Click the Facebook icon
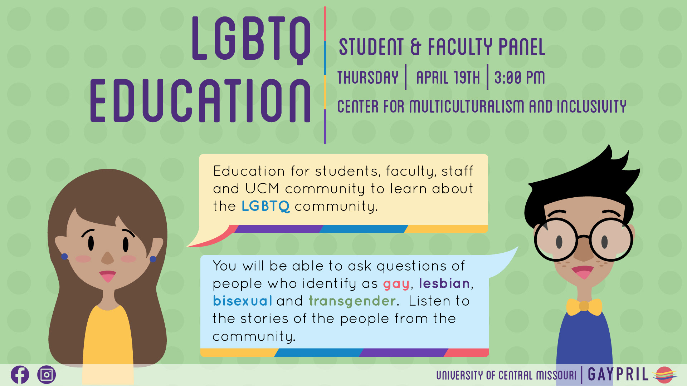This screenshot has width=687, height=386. (20, 375)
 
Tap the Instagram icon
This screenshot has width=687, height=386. (47, 375)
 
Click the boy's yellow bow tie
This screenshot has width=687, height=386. (584, 307)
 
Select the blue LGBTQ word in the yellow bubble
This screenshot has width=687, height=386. (265, 206)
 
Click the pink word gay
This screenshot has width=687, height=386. (396, 284)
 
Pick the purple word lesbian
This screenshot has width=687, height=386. (444, 283)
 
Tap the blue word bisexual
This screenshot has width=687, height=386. (243, 301)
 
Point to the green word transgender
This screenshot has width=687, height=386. (352, 301)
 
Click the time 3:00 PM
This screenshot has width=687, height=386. (520, 77)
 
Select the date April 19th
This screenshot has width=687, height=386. (448, 77)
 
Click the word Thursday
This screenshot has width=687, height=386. (368, 77)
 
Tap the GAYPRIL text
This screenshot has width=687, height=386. (618, 375)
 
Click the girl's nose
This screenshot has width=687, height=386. (107, 258)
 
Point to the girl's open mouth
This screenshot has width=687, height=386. (107, 276)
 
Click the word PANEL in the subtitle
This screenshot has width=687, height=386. (522, 47)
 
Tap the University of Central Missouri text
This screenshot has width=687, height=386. (506, 375)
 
